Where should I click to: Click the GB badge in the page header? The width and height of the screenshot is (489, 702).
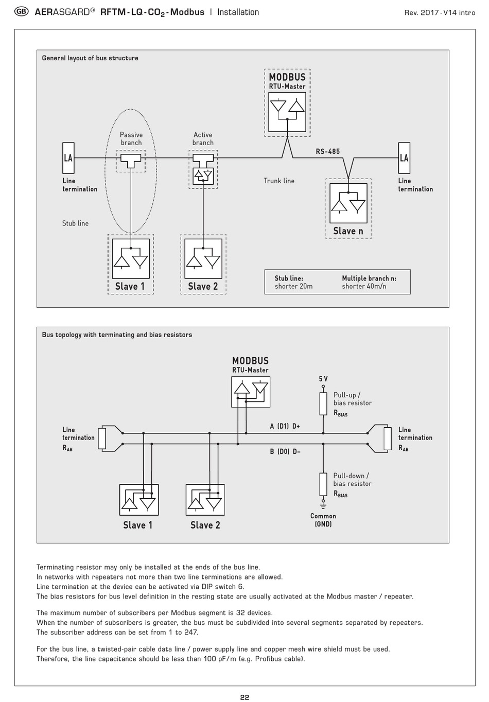(x=21, y=12)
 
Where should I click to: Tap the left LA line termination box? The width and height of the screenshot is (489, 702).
(x=68, y=158)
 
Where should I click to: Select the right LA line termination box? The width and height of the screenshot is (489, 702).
(x=404, y=158)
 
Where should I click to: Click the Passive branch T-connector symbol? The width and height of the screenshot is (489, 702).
(x=131, y=161)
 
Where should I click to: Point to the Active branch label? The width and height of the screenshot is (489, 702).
(x=203, y=138)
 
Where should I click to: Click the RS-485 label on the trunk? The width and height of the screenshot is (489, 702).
(x=327, y=151)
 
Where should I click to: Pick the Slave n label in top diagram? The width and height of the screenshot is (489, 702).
(x=348, y=231)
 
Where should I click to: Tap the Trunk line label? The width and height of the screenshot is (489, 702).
(x=279, y=181)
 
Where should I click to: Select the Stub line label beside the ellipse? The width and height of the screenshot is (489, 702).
(x=75, y=223)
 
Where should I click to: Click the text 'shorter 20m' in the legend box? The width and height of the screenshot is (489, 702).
(x=293, y=286)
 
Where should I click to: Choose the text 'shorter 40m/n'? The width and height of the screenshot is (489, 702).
(x=364, y=286)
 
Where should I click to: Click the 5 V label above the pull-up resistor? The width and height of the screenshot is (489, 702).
(x=323, y=379)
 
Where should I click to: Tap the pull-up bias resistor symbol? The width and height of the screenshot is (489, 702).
(x=323, y=403)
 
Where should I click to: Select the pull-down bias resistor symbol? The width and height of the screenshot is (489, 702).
(x=323, y=484)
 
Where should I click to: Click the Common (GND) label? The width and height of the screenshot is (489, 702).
(x=323, y=520)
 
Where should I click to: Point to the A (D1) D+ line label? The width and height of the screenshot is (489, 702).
(x=285, y=426)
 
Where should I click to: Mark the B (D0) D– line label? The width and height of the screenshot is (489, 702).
(x=285, y=451)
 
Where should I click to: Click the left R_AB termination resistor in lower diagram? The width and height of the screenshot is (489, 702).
(x=102, y=438)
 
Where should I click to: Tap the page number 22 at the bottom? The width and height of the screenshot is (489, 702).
(x=244, y=697)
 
